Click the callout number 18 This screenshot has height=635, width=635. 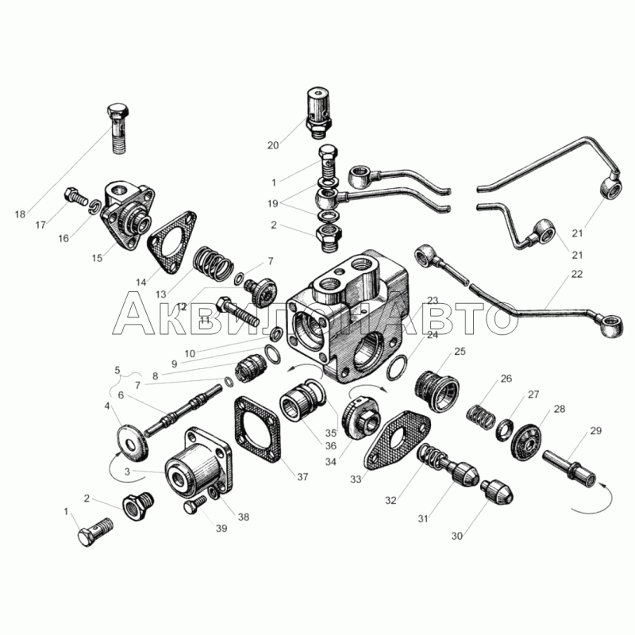(x=21, y=214)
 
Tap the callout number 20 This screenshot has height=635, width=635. (x=273, y=145)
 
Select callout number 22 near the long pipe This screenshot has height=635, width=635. (x=577, y=274)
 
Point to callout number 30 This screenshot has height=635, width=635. (x=457, y=537)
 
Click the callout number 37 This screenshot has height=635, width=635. (x=302, y=477)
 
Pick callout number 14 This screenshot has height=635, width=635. (x=141, y=283)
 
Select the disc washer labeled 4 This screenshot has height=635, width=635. (x=132, y=443)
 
